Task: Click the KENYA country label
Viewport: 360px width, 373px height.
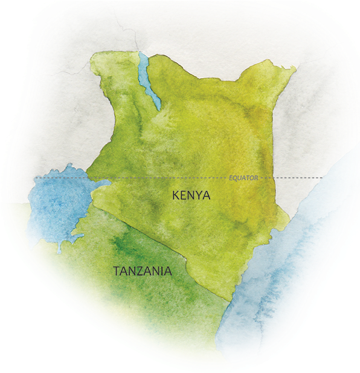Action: tap(191, 196)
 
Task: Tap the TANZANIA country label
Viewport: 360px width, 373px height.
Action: tap(143, 271)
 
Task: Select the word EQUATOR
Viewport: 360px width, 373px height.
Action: tap(243, 178)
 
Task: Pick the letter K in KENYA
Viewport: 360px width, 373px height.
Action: tap(176, 196)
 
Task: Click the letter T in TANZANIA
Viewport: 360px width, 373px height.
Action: tap(117, 271)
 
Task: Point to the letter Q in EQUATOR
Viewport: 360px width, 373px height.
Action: tap(236, 178)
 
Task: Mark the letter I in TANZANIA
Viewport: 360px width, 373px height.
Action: tap(159, 271)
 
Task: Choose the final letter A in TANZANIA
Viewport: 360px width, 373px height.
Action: tap(167, 271)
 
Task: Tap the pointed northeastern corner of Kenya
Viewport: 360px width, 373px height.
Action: tap(295, 67)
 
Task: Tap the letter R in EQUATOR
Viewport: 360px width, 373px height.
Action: tap(256, 178)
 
